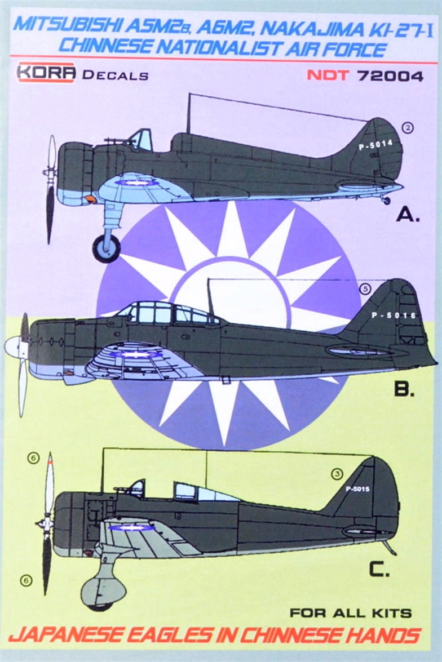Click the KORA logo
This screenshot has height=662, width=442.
(x=46, y=73)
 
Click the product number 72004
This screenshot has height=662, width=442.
(x=390, y=75)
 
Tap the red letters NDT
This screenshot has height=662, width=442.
(x=328, y=75)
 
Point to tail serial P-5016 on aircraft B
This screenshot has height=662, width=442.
(x=394, y=316)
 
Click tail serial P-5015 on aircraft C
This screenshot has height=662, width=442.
(x=357, y=490)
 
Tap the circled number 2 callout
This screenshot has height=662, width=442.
(x=407, y=127)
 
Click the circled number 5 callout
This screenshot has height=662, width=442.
(x=365, y=289)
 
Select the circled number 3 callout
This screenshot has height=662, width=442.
(x=337, y=474)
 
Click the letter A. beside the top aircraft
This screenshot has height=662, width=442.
(x=408, y=215)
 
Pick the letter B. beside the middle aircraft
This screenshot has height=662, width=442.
(x=404, y=389)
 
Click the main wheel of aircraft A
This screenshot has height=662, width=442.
(x=106, y=248)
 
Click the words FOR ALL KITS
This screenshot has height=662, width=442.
(x=351, y=612)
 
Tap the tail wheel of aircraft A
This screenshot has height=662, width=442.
(x=386, y=200)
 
